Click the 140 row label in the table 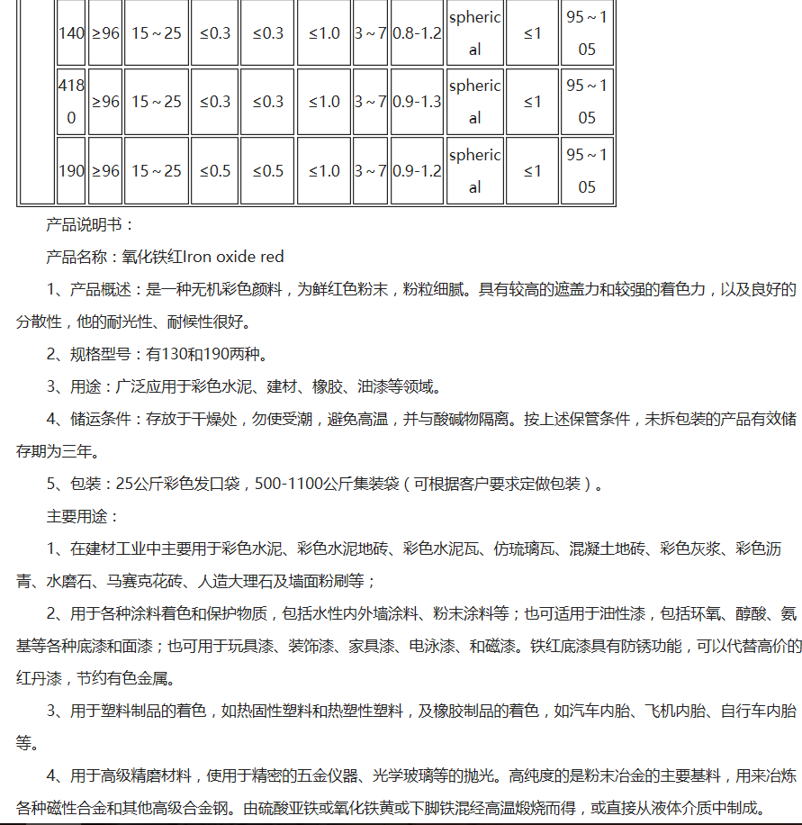point(71,33)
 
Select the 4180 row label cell point(71,102)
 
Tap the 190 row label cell point(71,171)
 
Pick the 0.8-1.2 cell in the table point(417,33)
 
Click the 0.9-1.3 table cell point(417,102)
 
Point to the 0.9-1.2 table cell point(417,171)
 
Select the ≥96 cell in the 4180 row point(104,102)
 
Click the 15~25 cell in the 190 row point(156,171)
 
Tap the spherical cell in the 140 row point(474,33)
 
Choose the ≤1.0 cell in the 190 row point(324,171)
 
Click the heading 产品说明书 point(89,225)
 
